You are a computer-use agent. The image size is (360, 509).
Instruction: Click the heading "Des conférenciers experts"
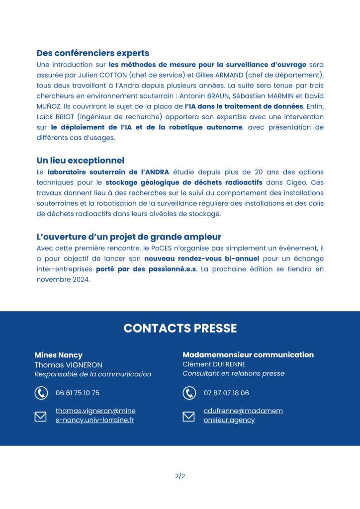coord(92,53)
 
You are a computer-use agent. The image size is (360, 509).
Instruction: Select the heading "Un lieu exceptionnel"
coord(80,161)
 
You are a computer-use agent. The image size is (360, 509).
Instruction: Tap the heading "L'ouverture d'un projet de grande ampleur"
coord(129,237)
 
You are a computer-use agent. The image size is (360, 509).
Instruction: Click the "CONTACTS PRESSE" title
coord(180,329)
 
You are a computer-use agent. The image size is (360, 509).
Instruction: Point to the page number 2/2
coord(180,476)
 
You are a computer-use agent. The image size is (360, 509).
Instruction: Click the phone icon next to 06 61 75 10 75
coord(41,393)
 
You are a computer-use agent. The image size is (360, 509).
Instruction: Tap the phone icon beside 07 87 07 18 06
coord(189,393)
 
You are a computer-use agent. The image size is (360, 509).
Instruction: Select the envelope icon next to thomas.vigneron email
coord(41,416)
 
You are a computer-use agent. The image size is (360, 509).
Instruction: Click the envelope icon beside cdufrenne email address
coord(189,416)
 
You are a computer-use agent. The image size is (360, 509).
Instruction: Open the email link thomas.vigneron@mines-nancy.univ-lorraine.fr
coord(95,416)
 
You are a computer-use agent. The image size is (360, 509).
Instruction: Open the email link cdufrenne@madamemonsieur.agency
coord(243,416)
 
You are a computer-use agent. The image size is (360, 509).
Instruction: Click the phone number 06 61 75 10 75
coord(78,393)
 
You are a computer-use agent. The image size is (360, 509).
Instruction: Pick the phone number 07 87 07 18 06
coord(226,393)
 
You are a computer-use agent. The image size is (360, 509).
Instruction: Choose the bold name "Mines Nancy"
coord(58,355)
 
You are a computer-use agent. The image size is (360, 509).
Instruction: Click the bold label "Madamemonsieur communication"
coord(248,355)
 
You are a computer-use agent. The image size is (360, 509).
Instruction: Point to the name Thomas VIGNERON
coord(68,365)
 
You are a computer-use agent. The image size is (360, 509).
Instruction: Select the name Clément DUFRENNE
coord(214,364)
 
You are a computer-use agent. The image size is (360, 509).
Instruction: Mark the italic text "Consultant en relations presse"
coord(233,374)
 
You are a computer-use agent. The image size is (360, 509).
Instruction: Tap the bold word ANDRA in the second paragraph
coord(156,172)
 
